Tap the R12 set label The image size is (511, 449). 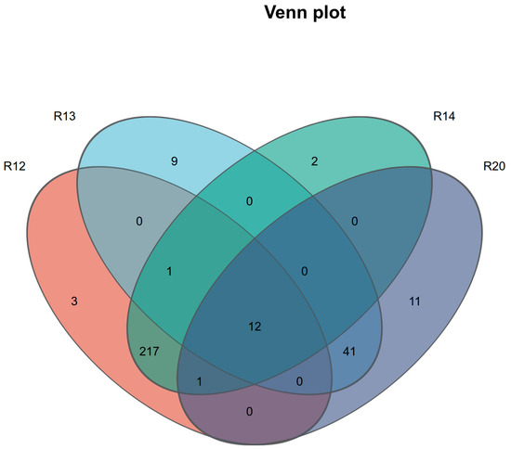click(x=15, y=166)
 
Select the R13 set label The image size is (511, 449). click(x=64, y=116)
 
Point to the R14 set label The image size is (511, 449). click(x=444, y=116)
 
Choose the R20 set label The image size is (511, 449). click(x=494, y=166)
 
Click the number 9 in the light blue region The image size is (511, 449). click(x=175, y=161)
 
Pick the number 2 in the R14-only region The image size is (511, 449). click(x=314, y=161)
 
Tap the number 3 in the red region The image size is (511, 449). click(x=74, y=301)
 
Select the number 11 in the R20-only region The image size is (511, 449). click(x=414, y=301)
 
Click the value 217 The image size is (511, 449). click(x=150, y=352)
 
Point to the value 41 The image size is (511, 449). click(x=349, y=352)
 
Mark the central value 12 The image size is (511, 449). click(x=255, y=327)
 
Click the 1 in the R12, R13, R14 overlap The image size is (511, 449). click(x=169, y=272)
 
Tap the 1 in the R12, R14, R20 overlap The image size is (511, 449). click(x=200, y=381)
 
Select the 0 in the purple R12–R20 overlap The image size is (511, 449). click(x=249, y=412)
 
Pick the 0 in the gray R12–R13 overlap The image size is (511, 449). click(x=139, y=222)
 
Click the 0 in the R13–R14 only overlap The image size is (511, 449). click(x=249, y=201)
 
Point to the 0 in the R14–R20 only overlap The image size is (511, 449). click(x=355, y=222)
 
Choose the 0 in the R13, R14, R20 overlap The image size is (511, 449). click(x=305, y=272)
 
